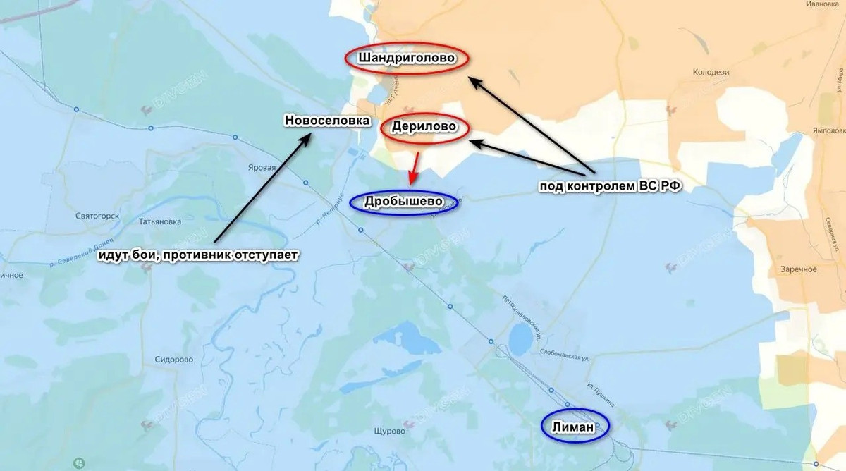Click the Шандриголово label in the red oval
[405, 58]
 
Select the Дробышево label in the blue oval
[403, 202]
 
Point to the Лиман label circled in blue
[573, 426]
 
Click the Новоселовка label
[327, 121]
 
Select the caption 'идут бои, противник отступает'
[198, 254]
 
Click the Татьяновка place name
[160, 221]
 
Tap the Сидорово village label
[174, 359]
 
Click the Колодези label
[711, 72]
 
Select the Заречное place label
[799, 269]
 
